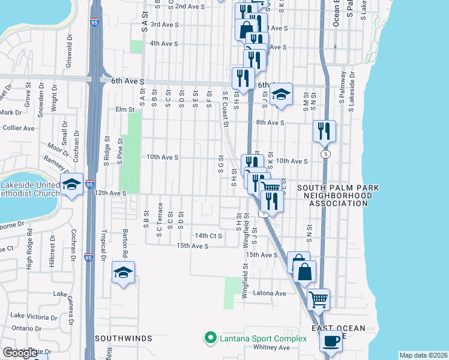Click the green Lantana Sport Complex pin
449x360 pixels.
[x=210, y=338]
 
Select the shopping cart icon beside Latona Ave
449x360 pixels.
[x=318, y=298]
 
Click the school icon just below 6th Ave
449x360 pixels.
[x=280, y=94]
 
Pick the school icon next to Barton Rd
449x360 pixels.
[x=123, y=272]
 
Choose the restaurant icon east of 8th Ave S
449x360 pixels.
[x=324, y=130]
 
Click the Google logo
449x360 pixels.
[x=20, y=353]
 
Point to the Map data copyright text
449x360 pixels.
[x=423, y=355]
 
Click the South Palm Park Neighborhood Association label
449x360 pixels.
[x=341, y=196]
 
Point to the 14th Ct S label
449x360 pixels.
[x=208, y=236]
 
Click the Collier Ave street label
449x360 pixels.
[x=18, y=128]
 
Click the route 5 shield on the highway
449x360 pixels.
[x=325, y=154]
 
